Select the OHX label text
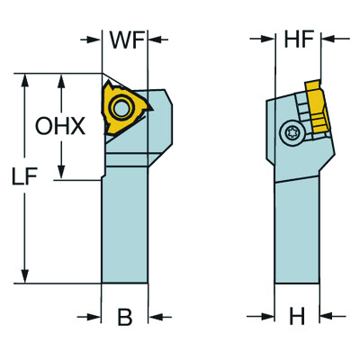[x=61, y=127]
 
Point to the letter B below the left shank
[x=125, y=317]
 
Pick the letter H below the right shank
[x=295, y=317]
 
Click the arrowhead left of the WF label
[x=94, y=40]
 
